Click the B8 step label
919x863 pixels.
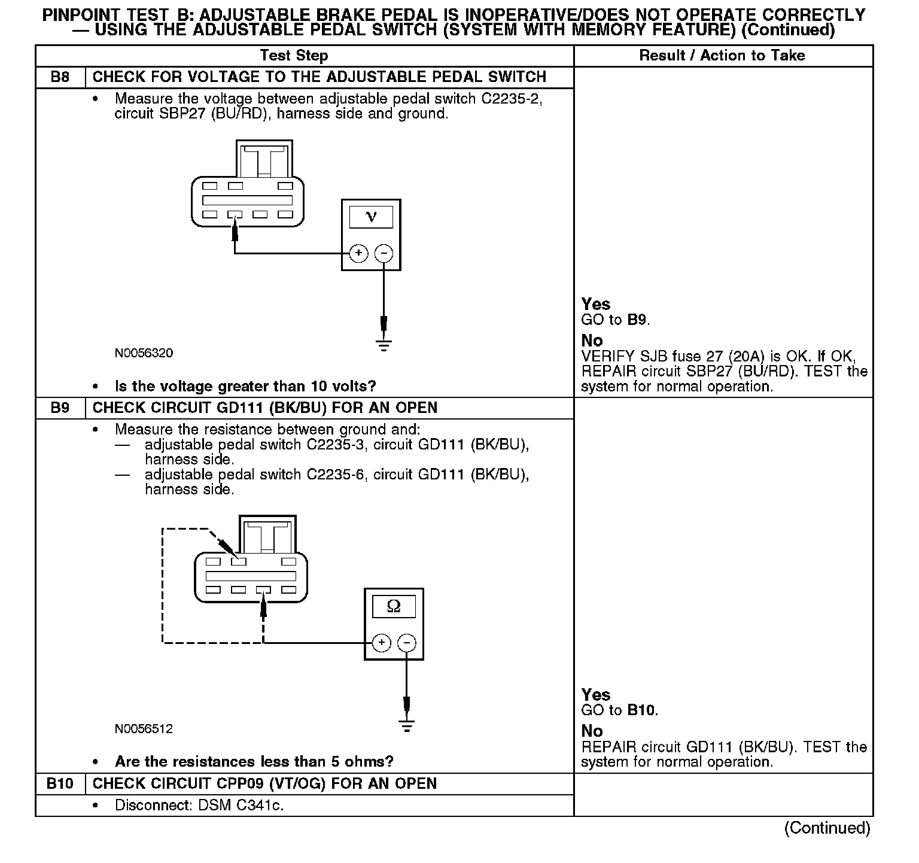pos(60,77)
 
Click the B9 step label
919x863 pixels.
pos(60,408)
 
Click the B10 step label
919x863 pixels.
pos(60,784)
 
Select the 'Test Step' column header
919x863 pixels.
pos(294,56)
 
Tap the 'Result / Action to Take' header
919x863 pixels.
pos(722,56)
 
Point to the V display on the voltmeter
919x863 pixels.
pos(371,217)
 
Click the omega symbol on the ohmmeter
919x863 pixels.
pos(394,606)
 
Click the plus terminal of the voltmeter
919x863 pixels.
pos(358,253)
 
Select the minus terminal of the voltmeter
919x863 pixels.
pos(384,253)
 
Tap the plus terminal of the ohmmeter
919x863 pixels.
pos(381,643)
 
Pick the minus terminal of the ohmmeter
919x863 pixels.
pos(406,643)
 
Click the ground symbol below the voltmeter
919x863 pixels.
pos(384,344)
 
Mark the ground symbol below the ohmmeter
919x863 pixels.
pos(406,727)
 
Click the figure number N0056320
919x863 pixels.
pos(144,353)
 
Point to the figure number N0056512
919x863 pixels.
pos(144,729)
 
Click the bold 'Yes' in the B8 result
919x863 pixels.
pos(596,304)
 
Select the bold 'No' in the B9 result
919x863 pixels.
pos(592,731)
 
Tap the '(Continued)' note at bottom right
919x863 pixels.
pos(827,828)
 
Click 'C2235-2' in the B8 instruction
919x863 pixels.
pos(511,99)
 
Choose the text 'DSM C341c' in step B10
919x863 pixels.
pos(239,806)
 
